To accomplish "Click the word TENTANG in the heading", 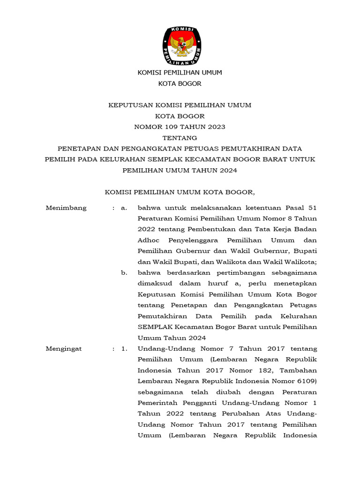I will click(180, 138).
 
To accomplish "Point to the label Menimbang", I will click(66, 208).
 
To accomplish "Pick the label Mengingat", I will click(64, 349).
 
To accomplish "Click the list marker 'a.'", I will click(124, 208).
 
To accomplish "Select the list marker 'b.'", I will click(124, 273).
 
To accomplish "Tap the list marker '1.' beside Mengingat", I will click(124, 349).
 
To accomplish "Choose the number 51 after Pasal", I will click(313, 208).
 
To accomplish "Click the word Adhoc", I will click(148, 240).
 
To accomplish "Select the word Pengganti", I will click(197, 403).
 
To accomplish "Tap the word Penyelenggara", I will click(193, 240).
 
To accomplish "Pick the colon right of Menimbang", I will click(114, 208).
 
